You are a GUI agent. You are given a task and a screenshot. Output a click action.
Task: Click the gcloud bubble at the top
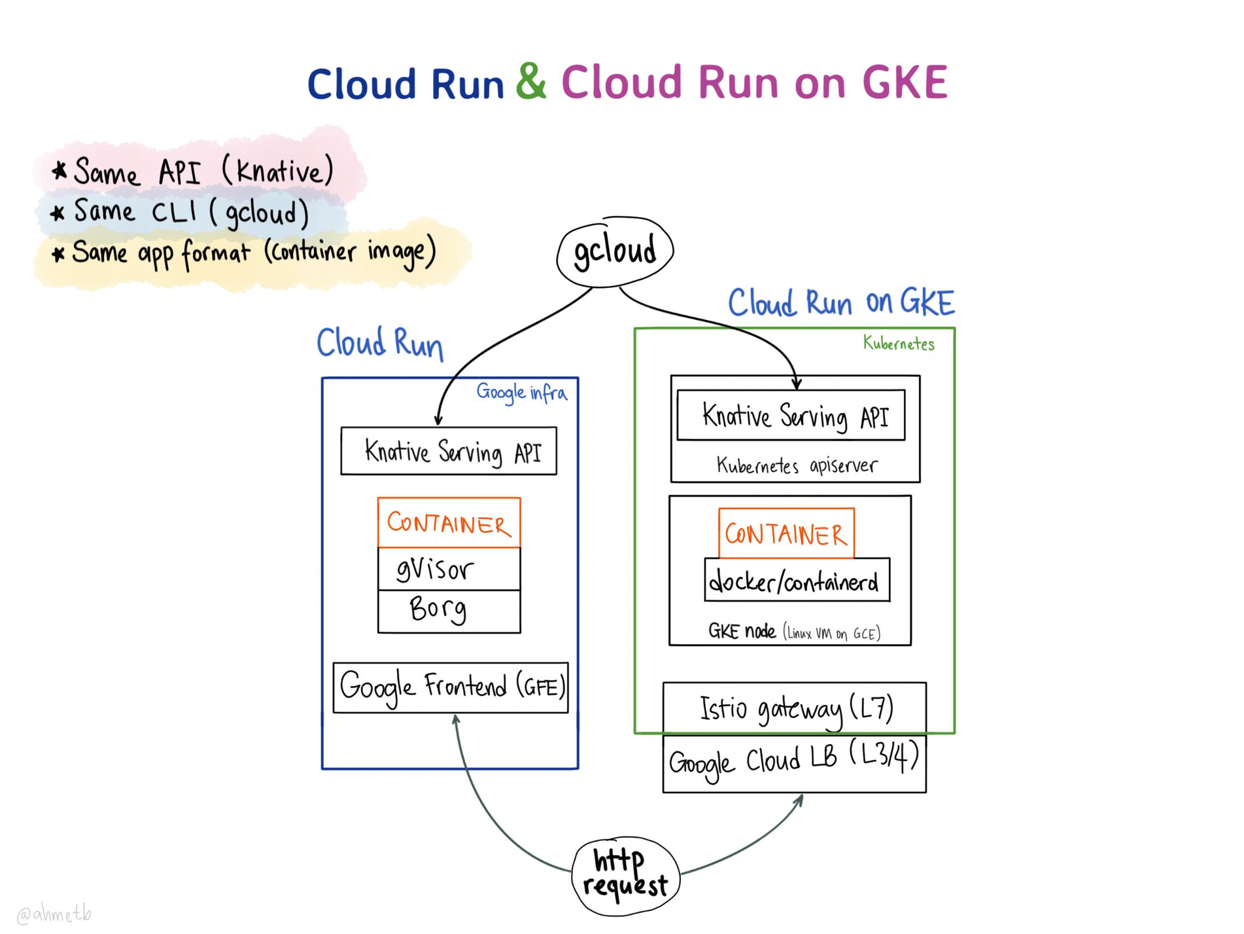coord(614,251)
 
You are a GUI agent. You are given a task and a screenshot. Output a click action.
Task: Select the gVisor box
coord(449,569)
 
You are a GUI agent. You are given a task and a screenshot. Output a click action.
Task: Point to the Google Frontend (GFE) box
coord(451,687)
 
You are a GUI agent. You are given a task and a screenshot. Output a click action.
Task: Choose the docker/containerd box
coord(796,581)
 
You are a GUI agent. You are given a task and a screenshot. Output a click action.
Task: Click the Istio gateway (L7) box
coord(795,708)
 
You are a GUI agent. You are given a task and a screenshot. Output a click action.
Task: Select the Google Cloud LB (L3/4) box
coord(794,763)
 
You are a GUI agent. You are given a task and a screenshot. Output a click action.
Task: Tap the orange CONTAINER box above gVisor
coord(449,523)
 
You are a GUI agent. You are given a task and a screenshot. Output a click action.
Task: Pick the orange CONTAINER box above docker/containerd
coord(786,534)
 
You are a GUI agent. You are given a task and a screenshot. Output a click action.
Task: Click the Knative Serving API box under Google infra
coord(449,451)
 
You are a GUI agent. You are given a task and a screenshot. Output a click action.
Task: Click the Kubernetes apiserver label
coord(796,466)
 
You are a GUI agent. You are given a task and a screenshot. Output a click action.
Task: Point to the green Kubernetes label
coord(898,344)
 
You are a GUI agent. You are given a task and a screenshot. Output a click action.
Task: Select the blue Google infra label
coord(521,393)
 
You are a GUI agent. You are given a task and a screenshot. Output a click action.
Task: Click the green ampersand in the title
coord(531,82)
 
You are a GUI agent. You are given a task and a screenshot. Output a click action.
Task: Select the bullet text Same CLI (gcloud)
coord(190,213)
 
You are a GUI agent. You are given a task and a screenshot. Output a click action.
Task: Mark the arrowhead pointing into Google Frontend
coord(456,719)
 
